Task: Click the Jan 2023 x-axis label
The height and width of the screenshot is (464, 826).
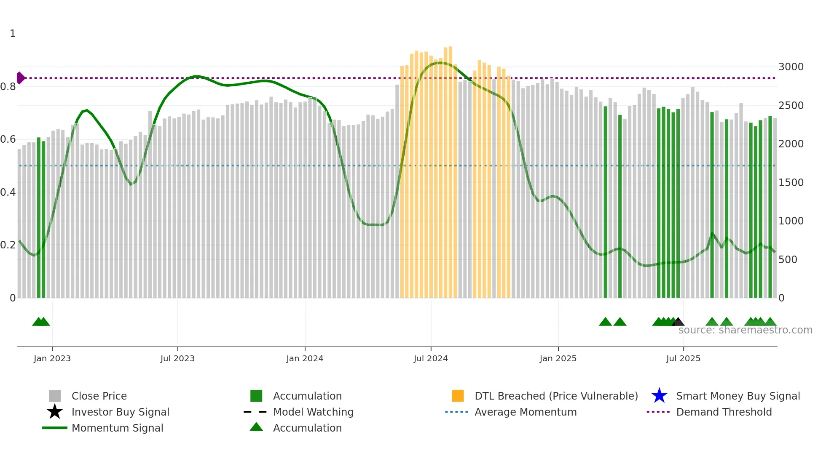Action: (x=52, y=358)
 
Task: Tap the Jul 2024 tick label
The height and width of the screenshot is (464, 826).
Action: (x=431, y=358)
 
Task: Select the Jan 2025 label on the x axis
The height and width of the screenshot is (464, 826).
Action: (x=558, y=358)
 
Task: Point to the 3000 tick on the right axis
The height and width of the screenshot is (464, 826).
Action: (x=791, y=67)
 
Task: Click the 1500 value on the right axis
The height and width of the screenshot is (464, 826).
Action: (x=791, y=183)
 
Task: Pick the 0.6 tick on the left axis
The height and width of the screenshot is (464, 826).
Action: (x=8, y=139)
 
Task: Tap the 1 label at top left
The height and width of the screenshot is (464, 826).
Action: (x=13, y=34)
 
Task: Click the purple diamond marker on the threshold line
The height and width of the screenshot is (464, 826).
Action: (x=20, y=78)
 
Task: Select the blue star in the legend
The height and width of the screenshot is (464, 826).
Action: (x=659, y=396)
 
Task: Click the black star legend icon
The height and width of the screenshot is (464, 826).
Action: (x=55, y=412)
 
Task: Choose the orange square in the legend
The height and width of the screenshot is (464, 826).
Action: (x=458, y=396)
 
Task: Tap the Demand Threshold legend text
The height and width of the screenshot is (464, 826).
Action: (x=724, y=412)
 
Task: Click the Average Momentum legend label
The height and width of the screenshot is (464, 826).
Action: (x=526, y=412)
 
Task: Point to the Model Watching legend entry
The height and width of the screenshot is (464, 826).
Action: (x=313, y=412)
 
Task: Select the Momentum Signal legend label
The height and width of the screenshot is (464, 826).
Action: (x=117, y=428)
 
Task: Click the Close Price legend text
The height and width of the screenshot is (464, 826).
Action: (x=99, y=396)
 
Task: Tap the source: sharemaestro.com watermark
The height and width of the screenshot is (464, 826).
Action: (x=745, y=330)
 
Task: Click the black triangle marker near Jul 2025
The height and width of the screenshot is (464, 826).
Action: (x=678, y=322)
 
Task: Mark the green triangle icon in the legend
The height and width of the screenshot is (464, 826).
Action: (x=256, y=427)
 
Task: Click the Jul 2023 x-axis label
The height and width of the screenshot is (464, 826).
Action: (x=177, y=358)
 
